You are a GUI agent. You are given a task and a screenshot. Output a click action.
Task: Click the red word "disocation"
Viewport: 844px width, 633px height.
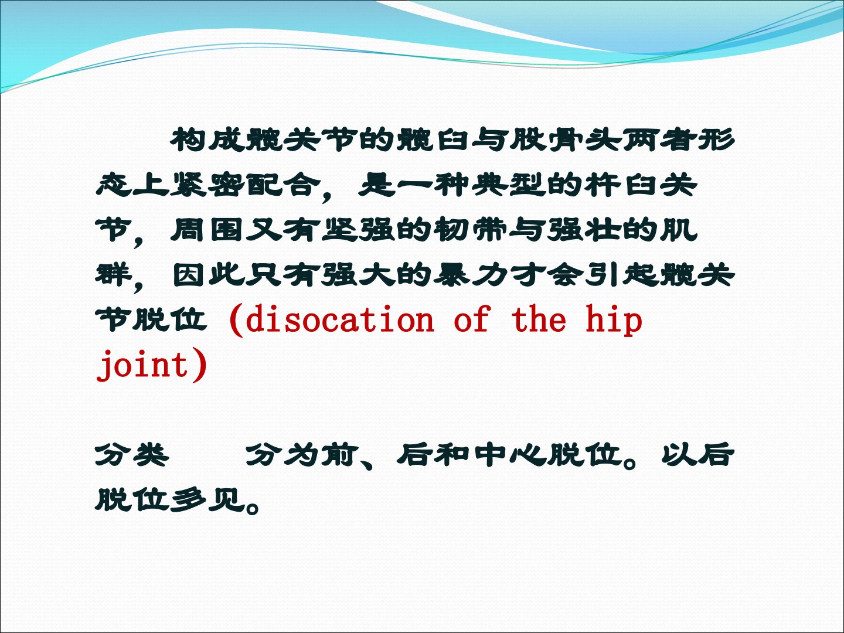340,319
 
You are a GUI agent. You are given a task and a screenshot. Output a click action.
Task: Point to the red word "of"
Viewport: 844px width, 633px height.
472,319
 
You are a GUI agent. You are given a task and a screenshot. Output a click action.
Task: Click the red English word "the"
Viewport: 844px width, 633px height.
539,319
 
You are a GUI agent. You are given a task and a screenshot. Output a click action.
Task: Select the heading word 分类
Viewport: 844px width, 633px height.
132,455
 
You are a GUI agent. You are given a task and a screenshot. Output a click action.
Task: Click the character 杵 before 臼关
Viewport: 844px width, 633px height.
602,185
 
